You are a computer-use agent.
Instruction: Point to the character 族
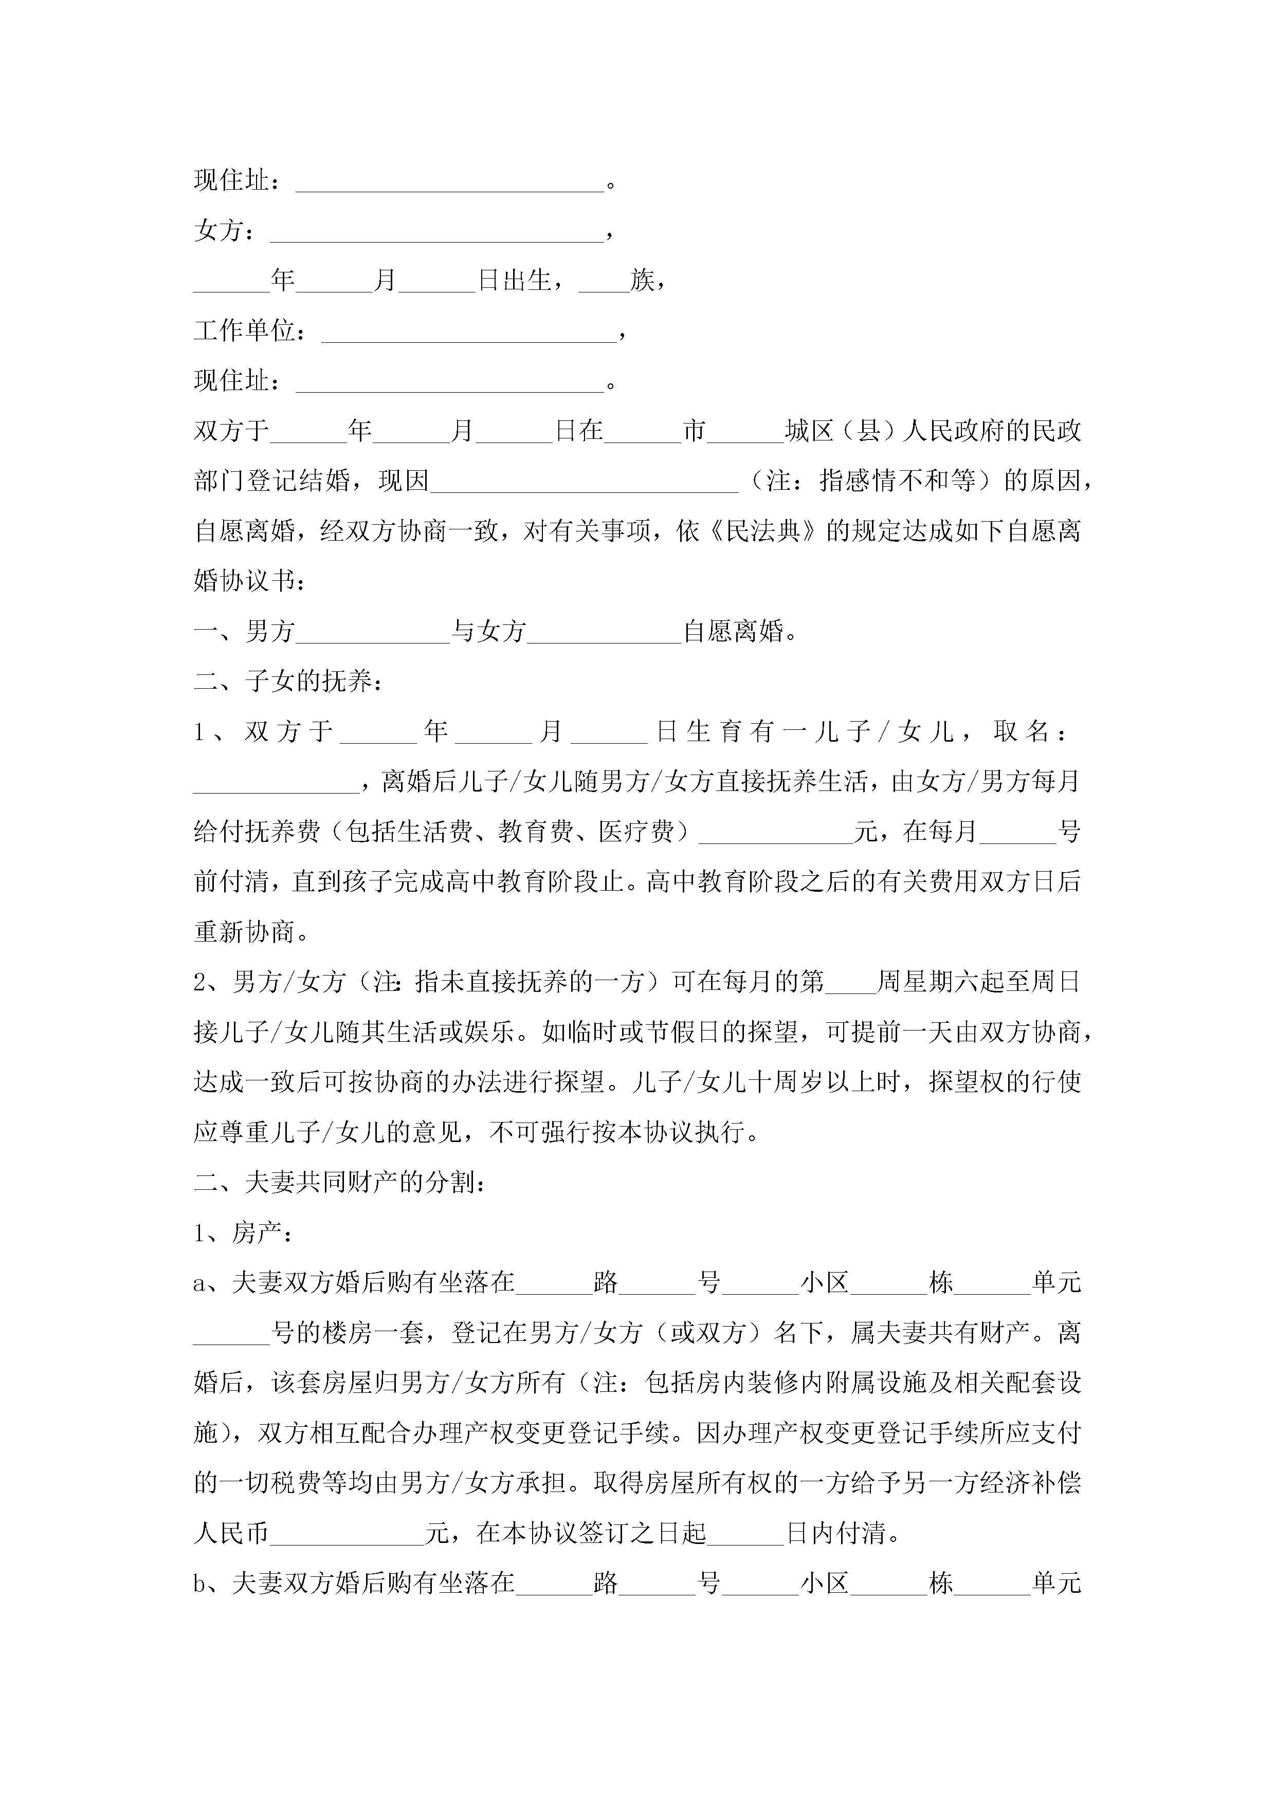tap(643, 280)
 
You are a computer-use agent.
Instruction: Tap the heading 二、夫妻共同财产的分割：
tap(339, 1183)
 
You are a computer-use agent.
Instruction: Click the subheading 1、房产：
tap(244, 1233)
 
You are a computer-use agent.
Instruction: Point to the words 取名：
tap(1030, 732)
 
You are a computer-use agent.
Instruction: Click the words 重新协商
tap(244, 932)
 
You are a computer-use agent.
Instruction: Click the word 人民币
tap(231, 1533)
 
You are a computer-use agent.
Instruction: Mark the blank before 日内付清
tap(745, 1538)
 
